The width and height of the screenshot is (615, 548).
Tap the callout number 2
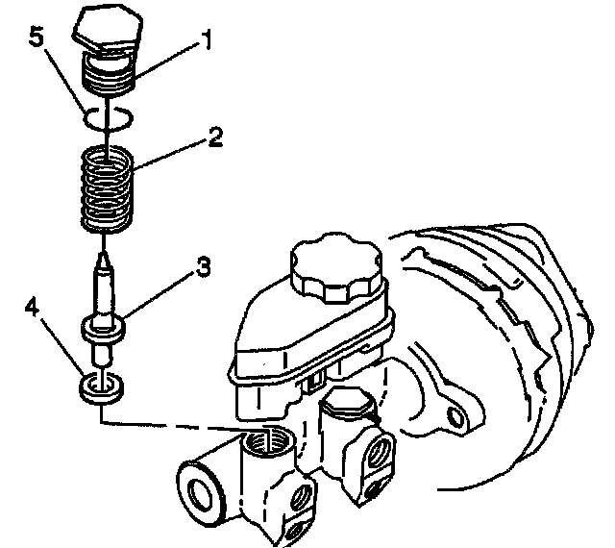pos(214,137)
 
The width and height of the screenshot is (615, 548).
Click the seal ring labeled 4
pos(101,387)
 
